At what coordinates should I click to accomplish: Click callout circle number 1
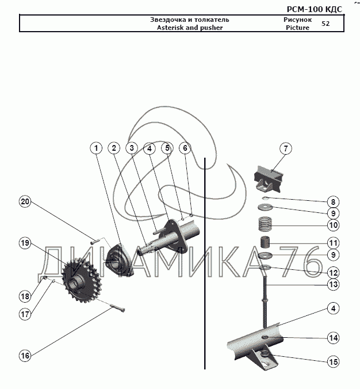(96, 148)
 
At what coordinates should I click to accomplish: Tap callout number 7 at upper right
(286, 148)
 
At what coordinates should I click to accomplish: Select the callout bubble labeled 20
(25, 201)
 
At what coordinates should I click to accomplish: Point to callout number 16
(25, 356)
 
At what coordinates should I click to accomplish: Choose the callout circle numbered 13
(333, 284)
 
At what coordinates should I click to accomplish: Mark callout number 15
(333, 361)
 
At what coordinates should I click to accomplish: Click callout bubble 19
(25, 243)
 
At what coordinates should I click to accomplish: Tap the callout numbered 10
(333, 225)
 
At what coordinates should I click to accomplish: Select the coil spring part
(266, 224)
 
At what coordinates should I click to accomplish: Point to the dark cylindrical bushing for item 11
(265, 242)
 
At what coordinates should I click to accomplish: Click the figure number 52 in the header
(325, 24)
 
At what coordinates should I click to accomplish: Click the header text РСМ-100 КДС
(315, 9)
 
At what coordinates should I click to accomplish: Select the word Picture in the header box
(297, 28)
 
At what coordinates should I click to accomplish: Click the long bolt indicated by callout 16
(116, 308)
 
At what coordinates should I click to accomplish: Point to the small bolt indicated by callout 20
(95, 241)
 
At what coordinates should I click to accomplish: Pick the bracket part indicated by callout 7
(269, 180)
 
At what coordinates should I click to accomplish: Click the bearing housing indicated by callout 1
(118, 260)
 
